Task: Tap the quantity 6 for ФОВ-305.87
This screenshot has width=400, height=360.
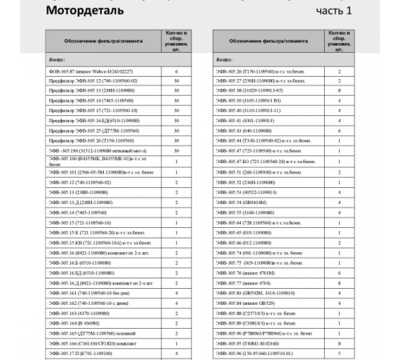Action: pyautogui.click(x=176, y=72)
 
